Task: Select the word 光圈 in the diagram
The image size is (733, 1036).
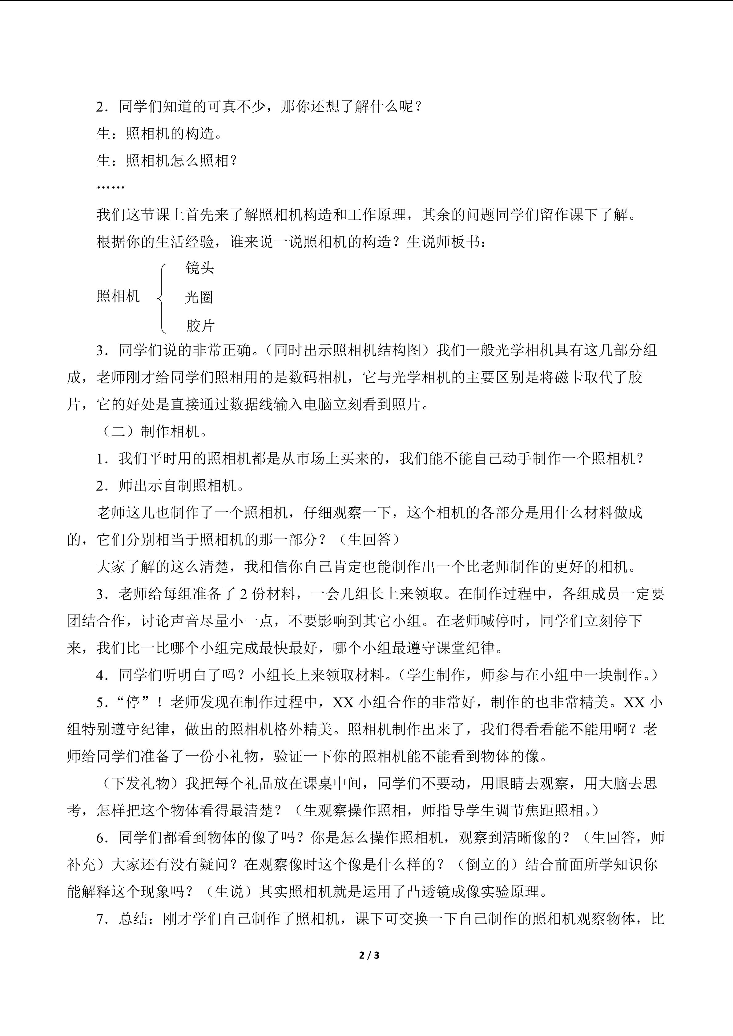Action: pyautogui.click(x=199, y=297)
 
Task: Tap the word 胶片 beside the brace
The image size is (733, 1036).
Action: pyautogui.click(x=200, y=326)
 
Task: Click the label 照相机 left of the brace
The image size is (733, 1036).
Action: pyautogui.click(x=118, y=296)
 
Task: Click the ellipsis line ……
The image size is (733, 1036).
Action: pyautogui.click(x=110, y=186)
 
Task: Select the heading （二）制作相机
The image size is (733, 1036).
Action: pyautogui.click(x=153, y=432)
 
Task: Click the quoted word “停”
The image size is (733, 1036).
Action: pyautogui.click(x=133, y=702)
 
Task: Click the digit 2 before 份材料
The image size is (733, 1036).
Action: pyautogui.click(x=243, y=594)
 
